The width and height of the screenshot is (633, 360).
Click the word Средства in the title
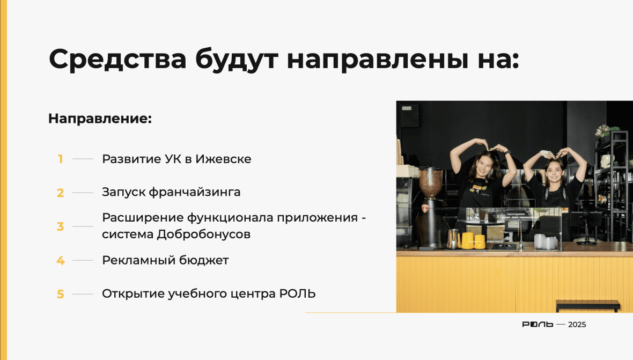(x=117, y=59)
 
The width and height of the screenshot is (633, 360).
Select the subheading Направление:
(x=100, y=119)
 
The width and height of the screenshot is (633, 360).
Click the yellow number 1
(x=61, y=159)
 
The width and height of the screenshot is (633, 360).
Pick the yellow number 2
(x=61, y=193)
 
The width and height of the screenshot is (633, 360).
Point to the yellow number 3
(x=61, y=226)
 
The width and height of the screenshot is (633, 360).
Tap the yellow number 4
(x=61, y=260)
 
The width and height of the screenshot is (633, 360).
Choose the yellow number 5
(x=61, y=294)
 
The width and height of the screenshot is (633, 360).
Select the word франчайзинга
(x=195, y=193)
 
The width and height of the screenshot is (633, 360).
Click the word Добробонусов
(x=203, y=234)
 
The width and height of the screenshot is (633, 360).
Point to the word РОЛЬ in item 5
(x=298, y=294)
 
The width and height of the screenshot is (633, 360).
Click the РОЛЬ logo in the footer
(x=538, y=325)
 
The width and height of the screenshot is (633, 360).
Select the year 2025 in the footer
(x=577, y=325)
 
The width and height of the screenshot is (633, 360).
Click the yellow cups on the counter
(x=474, y=240)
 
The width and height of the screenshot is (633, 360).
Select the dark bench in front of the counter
(x=588, y=305)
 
